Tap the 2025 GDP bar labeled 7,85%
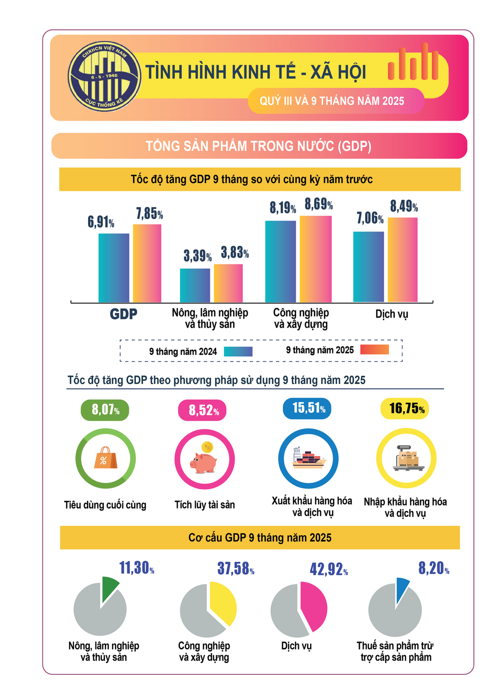coord(147,263)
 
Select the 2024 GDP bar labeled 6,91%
coord(114,268)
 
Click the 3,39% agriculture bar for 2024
coord(195,285)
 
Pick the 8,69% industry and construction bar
coord(315,259)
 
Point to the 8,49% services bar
coord(402,260)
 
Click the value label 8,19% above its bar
coord(282,208)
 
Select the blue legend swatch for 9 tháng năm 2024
coord(238,352)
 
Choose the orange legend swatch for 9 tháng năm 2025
coord(374,350)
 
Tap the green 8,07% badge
coord(105,410)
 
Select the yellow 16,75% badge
coord(405,409)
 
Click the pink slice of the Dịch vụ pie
coord(314,606)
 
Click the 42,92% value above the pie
coord(328,570)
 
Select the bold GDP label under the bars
coord(123,314)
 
